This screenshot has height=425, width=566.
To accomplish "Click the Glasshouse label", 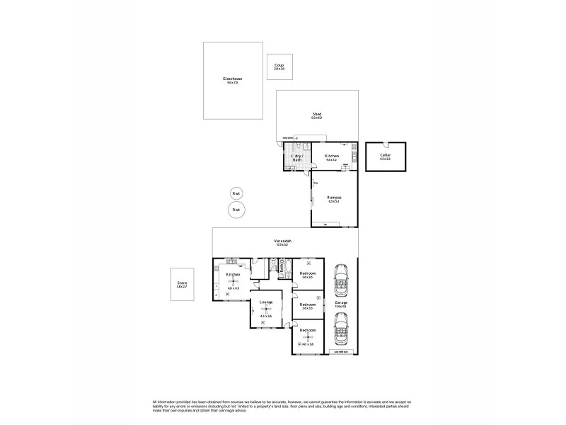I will [231, 79].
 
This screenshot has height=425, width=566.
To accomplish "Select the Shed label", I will [317, 115].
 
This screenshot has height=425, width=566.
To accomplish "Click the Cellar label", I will [385, 154].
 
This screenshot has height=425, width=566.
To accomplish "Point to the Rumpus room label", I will [334, 198].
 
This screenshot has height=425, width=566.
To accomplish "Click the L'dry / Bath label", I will [296, 157].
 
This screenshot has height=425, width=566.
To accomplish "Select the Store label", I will [182, 284].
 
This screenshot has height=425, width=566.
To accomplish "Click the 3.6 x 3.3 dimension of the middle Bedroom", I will [307, 308].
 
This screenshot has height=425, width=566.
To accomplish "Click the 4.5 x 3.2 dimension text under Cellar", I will [385, 159].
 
